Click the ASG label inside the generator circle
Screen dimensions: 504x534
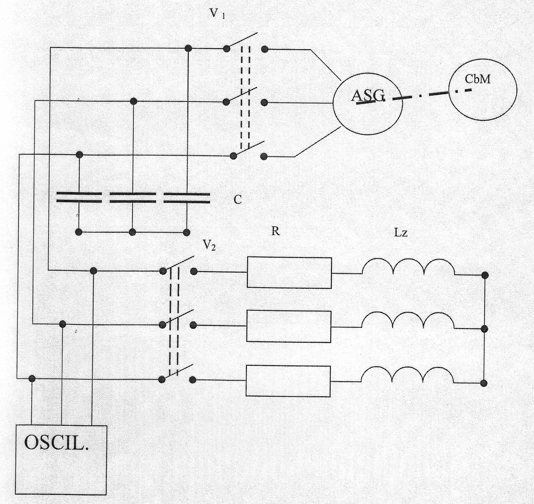pyautogui.click(x=368, y=96)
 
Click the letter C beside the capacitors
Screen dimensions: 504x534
pyautogui.click(x=237, y=200)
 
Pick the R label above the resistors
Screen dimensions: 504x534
pyautogui.click(x=275, y=231)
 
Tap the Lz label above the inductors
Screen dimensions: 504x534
pyautogui.click(x=401, y=233)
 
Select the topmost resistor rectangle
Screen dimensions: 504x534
pyautogui.click(x=289, y=273)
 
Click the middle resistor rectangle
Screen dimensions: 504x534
pyautogui.click(x=289, y=326)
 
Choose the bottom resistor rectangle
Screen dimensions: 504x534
pyautogui.click(x=288, y=381)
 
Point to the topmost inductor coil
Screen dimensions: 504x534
pyautogui.click(x=408, y=267)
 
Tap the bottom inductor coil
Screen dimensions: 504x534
pyautogui.click(x=407, y=375)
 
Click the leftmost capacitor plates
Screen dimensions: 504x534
pyautogui.click(x=79, y=197)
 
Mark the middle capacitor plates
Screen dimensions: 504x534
pyautogui.click(x=133, y=197)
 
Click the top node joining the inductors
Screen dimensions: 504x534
pyautogui.click(x=485, y=275)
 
